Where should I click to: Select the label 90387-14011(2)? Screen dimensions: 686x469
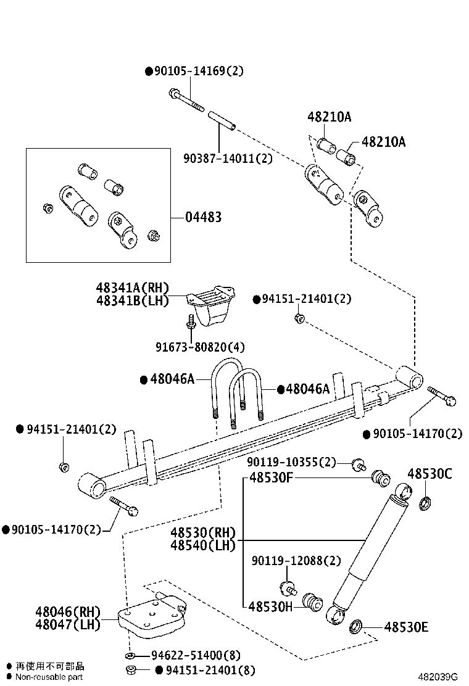pos(228,158)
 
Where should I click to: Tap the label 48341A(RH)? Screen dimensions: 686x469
pos(132,287)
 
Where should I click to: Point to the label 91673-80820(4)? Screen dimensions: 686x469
pos(200,347)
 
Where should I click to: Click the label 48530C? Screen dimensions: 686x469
pos(430,474)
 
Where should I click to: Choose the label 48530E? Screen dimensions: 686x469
pos(406,628)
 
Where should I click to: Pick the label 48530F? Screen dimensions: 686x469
pos(271,477)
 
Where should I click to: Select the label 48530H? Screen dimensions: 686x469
pos(271,606)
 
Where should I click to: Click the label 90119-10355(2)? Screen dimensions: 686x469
pos(292,462)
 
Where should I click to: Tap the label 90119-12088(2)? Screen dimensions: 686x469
pos(296,561)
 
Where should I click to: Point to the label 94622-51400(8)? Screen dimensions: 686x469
pos(196,655)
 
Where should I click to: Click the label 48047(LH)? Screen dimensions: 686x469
pos(67,624)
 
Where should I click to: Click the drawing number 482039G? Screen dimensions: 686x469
pos(440,677)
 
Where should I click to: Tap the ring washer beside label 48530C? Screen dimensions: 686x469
pos(425,503)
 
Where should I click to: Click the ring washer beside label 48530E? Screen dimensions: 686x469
pos(356,627)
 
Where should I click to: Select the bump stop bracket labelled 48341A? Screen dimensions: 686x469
pos(212,304)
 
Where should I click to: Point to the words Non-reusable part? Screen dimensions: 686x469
pos(49,677)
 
